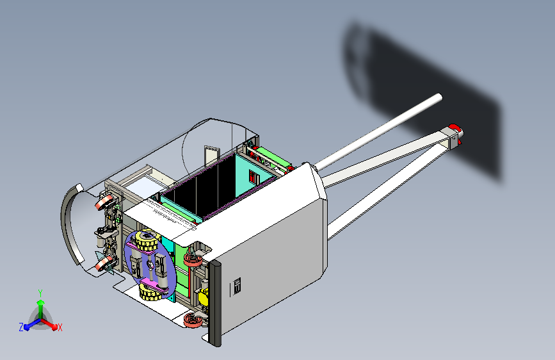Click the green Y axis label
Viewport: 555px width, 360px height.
(40, 293)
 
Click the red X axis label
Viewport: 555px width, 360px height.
(60, 327)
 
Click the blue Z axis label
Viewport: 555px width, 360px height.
(21, 327)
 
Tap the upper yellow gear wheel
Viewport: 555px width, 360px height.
(146, 241)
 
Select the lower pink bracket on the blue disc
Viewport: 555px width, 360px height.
(155, 286)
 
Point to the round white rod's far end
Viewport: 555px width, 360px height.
(439, 97)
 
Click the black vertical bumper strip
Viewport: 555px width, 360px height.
(215, 303)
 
